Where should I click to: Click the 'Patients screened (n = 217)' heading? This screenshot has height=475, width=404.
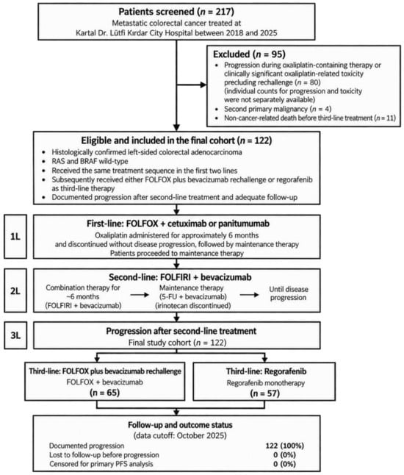click(176, 12)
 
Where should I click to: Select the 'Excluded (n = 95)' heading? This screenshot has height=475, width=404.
click(249, 54)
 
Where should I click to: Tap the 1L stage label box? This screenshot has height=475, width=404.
click(15, 236)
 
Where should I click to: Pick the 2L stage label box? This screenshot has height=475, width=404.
click(15, 290)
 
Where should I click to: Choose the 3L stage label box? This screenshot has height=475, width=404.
click(15, 335)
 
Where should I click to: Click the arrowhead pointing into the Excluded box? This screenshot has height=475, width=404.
click(203, 85)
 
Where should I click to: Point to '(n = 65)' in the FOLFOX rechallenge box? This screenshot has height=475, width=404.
click(105, 393)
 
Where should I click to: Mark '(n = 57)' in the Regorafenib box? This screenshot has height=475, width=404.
click(264, 393)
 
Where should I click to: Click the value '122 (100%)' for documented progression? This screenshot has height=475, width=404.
click(285, 446)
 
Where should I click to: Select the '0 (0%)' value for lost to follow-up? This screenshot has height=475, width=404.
click(284, 454)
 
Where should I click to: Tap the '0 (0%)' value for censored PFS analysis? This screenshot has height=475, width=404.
click(284, 464)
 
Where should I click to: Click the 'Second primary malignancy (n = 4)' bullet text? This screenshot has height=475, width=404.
click(278, 109)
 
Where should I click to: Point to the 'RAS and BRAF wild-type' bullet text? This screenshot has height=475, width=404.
click(90, 161)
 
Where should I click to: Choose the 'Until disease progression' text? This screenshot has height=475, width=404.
click(289, 293)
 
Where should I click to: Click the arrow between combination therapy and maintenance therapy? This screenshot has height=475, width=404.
click(140, 295)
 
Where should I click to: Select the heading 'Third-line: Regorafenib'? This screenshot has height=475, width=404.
click(266, 371)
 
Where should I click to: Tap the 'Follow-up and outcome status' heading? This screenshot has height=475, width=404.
click(180, 425)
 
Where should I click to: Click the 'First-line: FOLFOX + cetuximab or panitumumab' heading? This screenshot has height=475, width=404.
click(178, 224)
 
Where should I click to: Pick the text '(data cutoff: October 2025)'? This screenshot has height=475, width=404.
click(180, 435)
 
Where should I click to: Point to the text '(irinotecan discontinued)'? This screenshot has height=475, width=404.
click(193, 306)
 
